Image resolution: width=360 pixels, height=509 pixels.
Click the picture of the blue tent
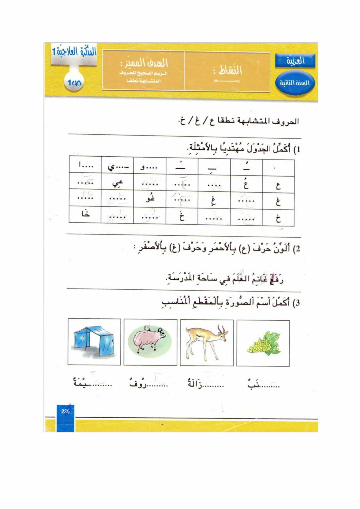tap(94, 341)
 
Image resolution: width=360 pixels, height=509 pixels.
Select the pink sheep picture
tap(149, 341)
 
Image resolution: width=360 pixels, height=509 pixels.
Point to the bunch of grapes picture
tap(263, 342)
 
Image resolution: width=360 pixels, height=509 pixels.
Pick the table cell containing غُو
tap(150, 201)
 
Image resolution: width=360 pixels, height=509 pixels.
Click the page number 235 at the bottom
tap(65, 411)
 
